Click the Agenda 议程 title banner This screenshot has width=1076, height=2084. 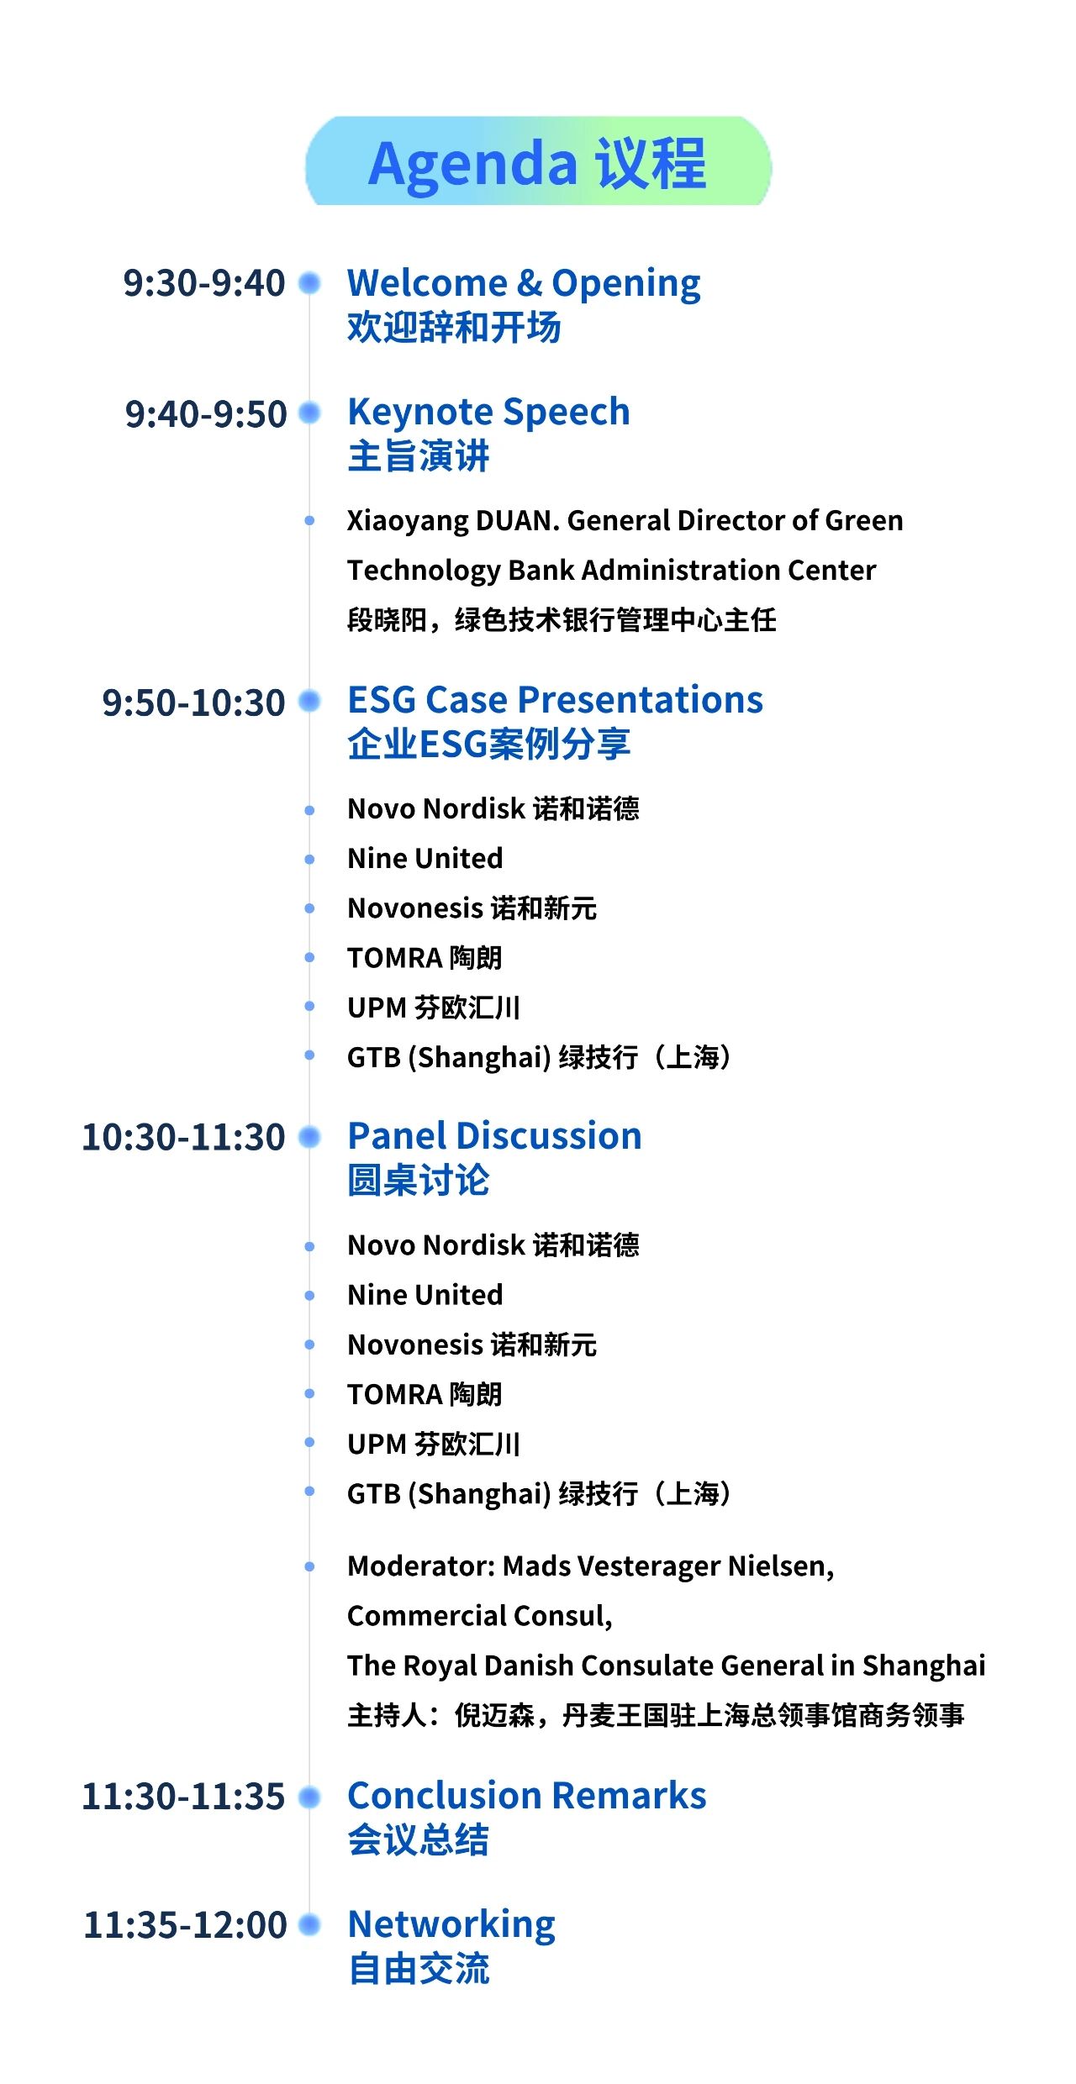click(x=538, y=161)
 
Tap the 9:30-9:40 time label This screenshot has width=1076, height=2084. click(x=204, y=283)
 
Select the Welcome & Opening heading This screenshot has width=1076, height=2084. click(x=524, y=284)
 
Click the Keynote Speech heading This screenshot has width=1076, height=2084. click(x=488, y=413)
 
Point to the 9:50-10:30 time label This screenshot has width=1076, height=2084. click(x=193, y=703)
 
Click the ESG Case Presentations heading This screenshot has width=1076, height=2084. click(x=555, y=699)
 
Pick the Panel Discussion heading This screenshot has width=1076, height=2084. click(x=494, y=1135)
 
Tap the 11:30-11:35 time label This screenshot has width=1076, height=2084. click(x=183, y=1797)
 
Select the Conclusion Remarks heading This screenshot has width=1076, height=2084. click(x=527, y=1795)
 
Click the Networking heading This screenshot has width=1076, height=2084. click(x=451, y=1925)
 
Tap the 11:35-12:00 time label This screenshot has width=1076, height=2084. click(x=185, y=1925)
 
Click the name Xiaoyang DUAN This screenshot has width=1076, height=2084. click(x=450, y=521)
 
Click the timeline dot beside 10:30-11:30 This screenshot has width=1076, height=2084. click(x=310, y=1137)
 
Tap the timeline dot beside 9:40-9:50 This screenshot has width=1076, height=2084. click(x=310, y=413)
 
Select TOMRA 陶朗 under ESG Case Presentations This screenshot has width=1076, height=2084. click(x=425, y=958)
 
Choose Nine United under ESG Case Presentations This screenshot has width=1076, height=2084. click(x=425, y=858)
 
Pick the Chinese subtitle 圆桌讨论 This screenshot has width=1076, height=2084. click(x=419, y=1181)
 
